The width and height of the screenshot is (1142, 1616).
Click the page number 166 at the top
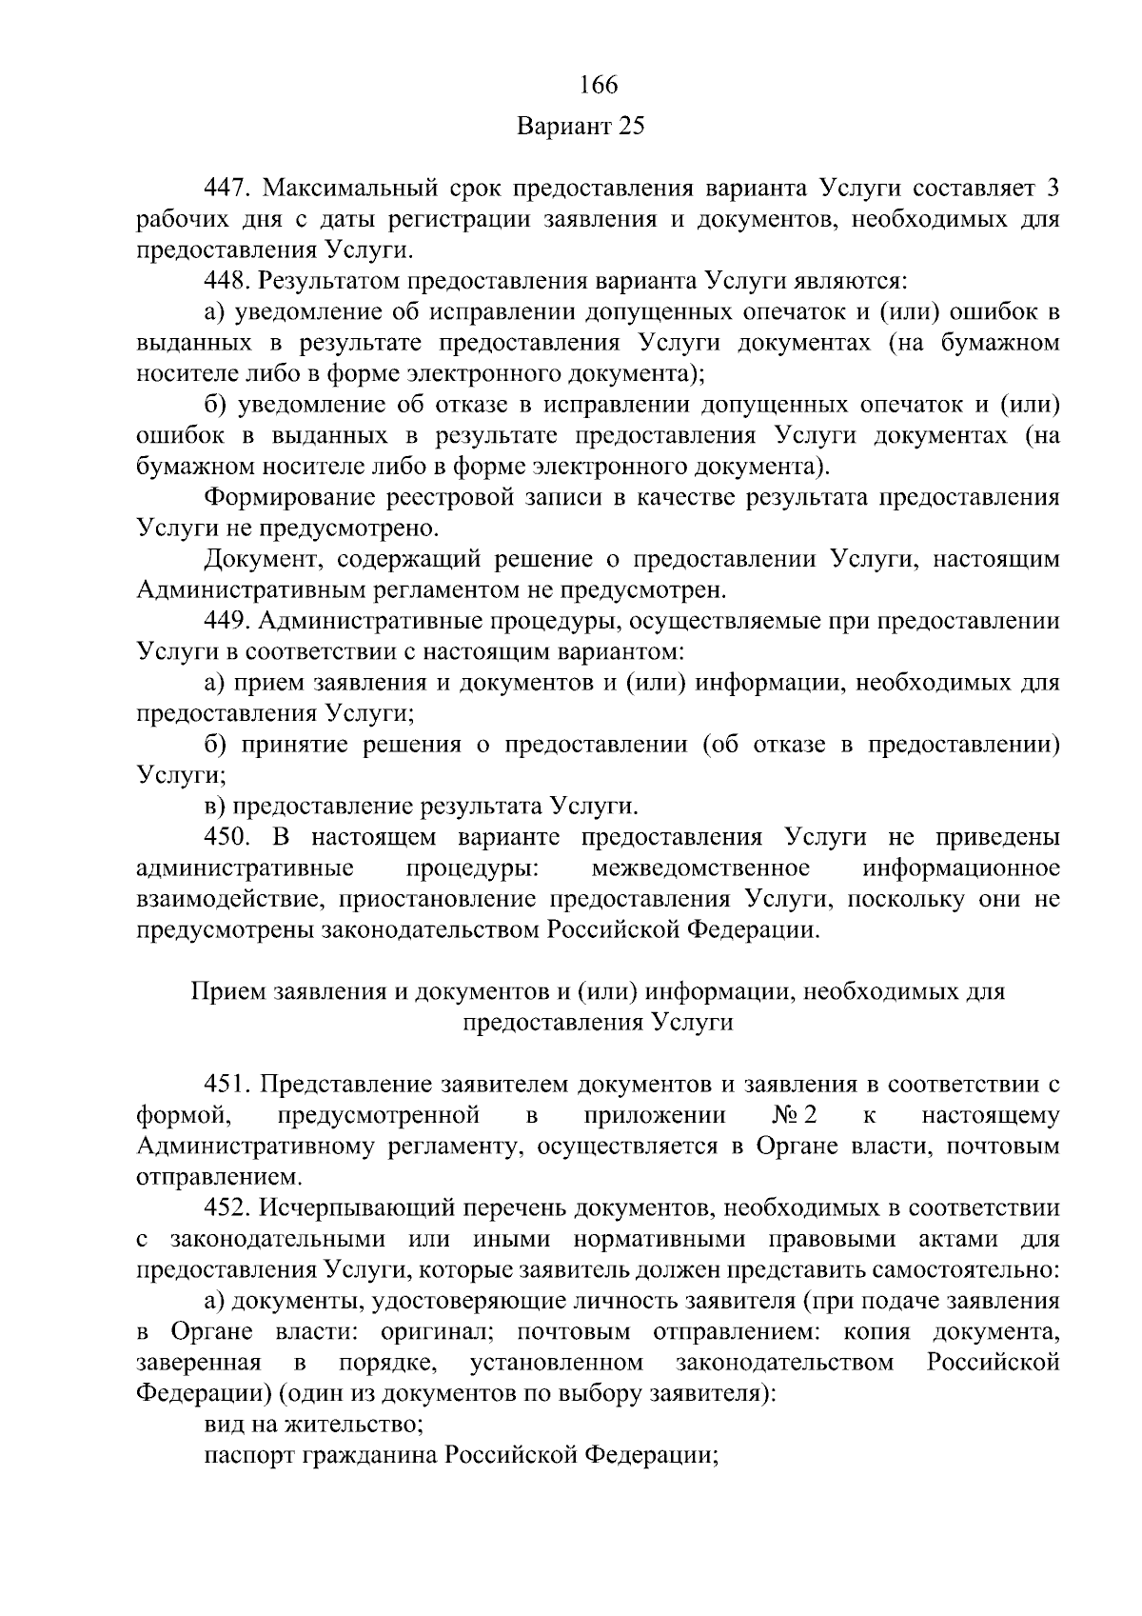[x=599, y=85]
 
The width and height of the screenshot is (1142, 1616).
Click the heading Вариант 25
[x=581, y=128]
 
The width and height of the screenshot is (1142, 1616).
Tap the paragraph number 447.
[x=226, y=188]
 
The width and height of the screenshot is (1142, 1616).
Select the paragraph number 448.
[x=226, y=281]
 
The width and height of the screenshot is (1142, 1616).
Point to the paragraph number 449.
[x=226, y=622]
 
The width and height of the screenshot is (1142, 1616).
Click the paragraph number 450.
[x=226, y=837]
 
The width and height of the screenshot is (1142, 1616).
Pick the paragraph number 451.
[x=226, y=1085]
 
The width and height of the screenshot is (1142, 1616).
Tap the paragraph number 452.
[x=226, y=1208]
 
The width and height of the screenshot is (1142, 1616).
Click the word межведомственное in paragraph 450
[x=700, y=868]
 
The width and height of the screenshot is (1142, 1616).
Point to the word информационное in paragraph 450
[x=961, y=868]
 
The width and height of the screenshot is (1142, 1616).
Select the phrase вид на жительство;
[x=314, y=1426]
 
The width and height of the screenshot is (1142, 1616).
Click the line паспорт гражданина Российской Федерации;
[x=461, y=1456]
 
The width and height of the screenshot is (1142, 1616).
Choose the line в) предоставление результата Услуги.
[x=422, y=807]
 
